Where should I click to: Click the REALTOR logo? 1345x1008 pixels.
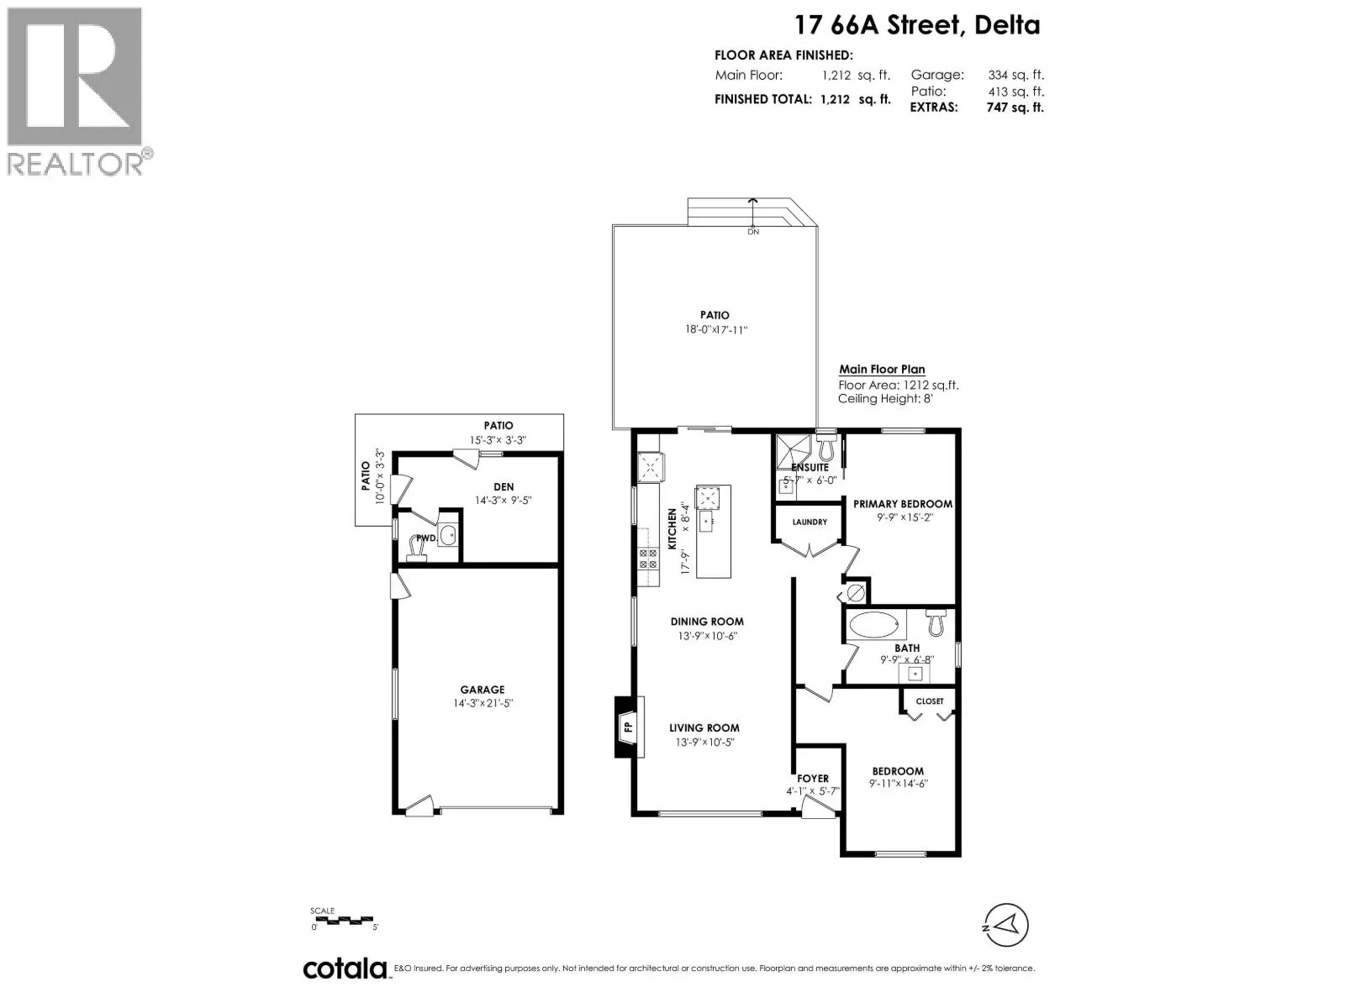coord(75,92)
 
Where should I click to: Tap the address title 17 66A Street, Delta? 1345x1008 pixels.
coord(917,25)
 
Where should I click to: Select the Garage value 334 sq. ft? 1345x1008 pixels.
coord(1015,75)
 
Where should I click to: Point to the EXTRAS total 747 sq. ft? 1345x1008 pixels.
coord(1015,108)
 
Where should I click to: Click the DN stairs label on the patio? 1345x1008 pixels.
coord(753,232)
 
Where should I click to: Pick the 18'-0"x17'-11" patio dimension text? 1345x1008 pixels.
coord(715,330)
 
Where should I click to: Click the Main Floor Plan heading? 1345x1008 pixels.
coord(882,369)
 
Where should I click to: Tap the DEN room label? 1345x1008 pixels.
coord(504,487)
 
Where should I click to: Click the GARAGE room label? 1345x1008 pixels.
coord(483,690)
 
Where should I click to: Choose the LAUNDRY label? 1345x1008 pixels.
coord(810,522)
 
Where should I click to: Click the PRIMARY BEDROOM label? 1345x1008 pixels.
coord(903,504)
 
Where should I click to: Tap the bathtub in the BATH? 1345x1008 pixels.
coord(873,625)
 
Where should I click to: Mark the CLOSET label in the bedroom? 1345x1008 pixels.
coord(930,701)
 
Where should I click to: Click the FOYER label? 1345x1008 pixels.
coord(813,779)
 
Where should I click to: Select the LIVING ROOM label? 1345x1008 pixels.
coord(704,727)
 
